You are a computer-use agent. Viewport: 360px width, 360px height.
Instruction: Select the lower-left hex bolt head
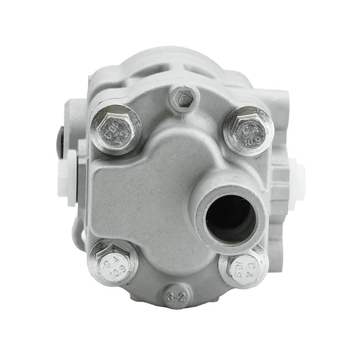(112, 263)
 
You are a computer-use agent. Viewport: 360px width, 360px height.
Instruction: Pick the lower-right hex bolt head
(244, 269)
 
